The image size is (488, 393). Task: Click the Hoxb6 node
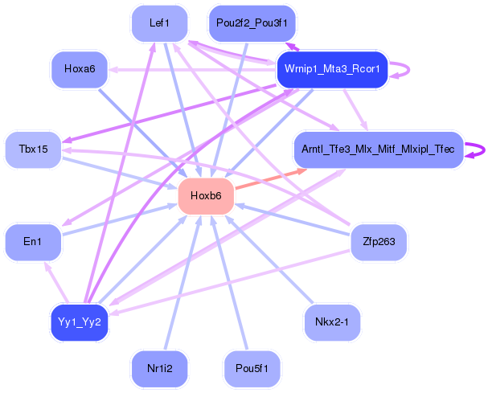pos(206,196)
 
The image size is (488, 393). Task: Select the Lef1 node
pos(159,23)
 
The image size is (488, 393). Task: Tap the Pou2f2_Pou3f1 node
pos(252,23)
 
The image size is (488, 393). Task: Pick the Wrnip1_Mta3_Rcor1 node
pos(332,69)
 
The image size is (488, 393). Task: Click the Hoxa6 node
pos(80,69)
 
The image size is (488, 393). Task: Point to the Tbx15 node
pos(33,149)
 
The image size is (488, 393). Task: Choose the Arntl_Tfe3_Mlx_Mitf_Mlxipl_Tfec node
pos(378,149)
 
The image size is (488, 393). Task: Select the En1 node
pos(33,242)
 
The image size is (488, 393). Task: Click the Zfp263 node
pos(379,242)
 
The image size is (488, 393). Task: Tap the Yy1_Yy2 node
pos(80,322)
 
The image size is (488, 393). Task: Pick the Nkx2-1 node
pos(332,322)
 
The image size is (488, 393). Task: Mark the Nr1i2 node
pos(159,369)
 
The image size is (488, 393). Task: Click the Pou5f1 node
pos(252,369)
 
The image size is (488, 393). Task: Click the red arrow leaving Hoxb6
pos(271,178)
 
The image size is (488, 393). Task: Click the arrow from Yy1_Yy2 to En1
pos(56,282)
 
